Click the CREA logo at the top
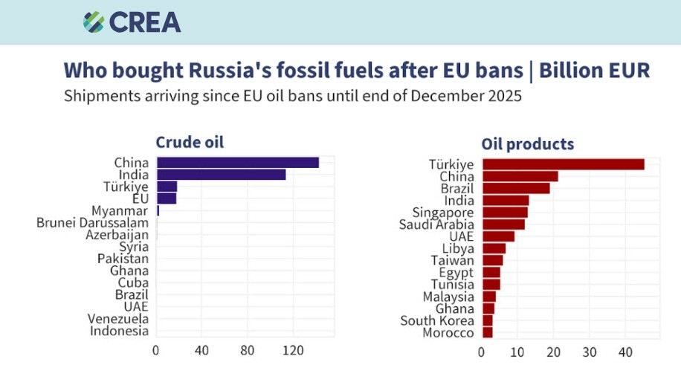click(x=132, y=22)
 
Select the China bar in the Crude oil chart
click(x=237, y=163)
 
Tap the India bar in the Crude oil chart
click(x=221, y=175)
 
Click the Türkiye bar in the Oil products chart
click(x=563, y=164)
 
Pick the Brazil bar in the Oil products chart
click(x=516, y=188)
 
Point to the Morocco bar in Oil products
click(x=488, y=332)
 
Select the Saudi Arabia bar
click(x=503, y=224)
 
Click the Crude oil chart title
click(x=189, y=142)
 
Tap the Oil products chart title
click(x=527, y=144)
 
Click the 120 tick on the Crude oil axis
click(x=293, y=349)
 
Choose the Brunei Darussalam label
click(x=92, y=222)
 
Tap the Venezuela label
click(x=118, y=319)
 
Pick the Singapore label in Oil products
click(x=443, y=213)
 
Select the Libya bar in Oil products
click(x=494, y=248)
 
